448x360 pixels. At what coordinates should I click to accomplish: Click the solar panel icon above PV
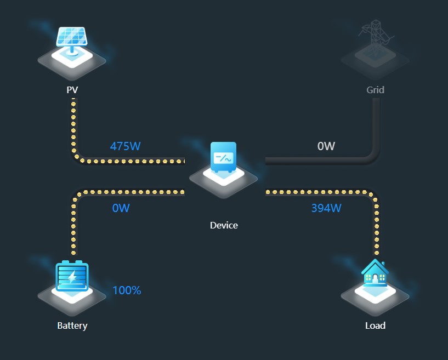coord(72,37)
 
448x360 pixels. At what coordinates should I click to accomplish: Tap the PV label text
coord(72,89)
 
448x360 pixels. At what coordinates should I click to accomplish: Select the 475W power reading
coord(126,146)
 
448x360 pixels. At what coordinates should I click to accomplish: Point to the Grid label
coord(376,89)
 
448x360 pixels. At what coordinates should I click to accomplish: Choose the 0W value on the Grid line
coord(326,146)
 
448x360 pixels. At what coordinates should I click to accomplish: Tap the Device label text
coord(224,225)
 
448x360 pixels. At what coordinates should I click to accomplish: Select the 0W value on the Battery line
coord(121,208)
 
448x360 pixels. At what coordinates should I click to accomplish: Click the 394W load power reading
coord(326,208)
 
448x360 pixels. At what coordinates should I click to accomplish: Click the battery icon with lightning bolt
coord(72,276)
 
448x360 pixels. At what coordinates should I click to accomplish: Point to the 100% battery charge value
coord(127,290)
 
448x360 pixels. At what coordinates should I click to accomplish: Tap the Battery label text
coord(72,325)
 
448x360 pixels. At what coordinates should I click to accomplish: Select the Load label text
coord(376,325)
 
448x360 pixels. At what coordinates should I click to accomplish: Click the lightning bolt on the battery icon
coord(72,277)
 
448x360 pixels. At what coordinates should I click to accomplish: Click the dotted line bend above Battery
coord(76,196)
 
